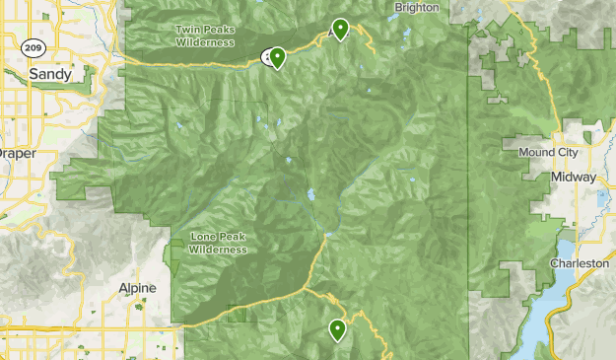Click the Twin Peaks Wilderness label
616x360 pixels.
pos(204,36)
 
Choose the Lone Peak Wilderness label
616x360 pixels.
pos(218,244)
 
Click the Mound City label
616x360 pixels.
pos(546,153)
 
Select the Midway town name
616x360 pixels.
pos(575,177)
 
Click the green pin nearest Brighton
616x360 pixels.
pos(340,29)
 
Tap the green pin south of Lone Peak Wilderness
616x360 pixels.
pos(337,329)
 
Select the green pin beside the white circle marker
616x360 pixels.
pos(278,58)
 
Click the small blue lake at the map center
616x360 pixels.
pos(311,195)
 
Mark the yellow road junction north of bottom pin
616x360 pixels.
pos(308,289)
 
